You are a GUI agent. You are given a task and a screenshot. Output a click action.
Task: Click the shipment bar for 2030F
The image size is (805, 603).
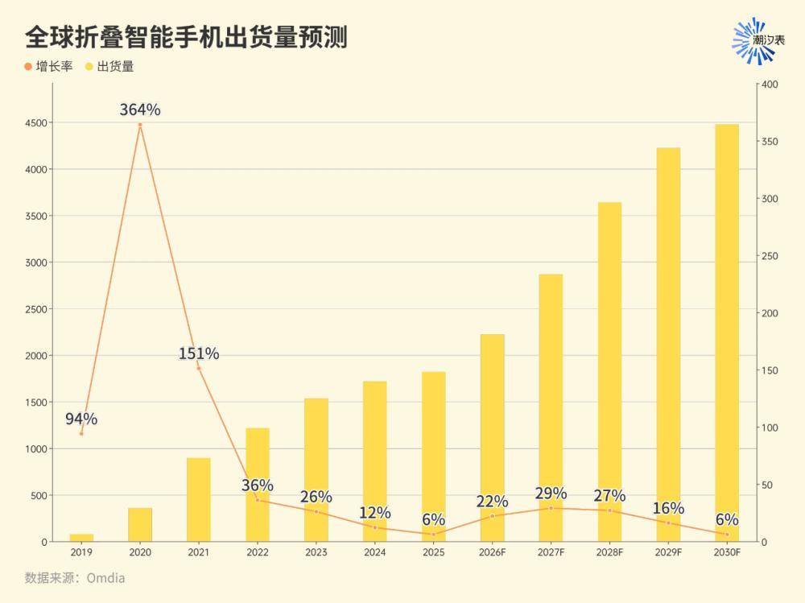click(727, 332)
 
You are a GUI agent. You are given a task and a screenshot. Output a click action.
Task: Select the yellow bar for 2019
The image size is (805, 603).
click(81, 538)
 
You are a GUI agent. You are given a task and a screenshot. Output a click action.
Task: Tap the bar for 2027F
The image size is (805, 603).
click(551, 408)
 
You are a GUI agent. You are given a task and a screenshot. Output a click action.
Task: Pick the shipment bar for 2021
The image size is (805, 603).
click(199, 500)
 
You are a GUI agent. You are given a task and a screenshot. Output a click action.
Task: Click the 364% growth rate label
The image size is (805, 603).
click(140, 109)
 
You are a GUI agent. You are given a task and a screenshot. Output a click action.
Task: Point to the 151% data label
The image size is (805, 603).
click(199, 353)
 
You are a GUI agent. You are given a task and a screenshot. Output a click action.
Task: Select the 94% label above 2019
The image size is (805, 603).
click(81, 419)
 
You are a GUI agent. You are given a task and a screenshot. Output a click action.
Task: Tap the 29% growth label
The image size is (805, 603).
click(551, 494)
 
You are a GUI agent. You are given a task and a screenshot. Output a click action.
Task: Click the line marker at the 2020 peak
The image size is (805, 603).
click(140, 125)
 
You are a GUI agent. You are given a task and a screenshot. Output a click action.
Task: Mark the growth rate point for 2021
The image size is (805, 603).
click(199, 368)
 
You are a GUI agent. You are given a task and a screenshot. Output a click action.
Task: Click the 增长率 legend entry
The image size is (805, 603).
click(49, 66)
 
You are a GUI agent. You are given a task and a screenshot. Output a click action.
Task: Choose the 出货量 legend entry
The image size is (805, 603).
click(109, 66)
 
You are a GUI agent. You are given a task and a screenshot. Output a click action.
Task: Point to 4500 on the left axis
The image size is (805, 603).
click(36, 122)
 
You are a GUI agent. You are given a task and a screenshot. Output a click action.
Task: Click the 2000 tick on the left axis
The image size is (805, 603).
click(36, 355)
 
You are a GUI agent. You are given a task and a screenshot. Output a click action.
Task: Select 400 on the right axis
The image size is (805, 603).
click(770, 85)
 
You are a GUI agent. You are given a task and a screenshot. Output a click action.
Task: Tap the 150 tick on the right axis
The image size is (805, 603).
click(770, 370)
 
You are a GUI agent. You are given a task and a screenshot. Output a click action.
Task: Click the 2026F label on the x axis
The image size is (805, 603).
click(493, 552)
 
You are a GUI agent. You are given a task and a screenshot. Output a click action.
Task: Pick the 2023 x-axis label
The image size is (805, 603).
click(316, 552)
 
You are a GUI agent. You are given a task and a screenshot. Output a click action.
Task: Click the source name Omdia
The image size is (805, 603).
click(105, 578)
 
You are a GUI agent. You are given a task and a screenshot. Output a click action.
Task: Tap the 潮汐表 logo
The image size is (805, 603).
click(758, 40)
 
